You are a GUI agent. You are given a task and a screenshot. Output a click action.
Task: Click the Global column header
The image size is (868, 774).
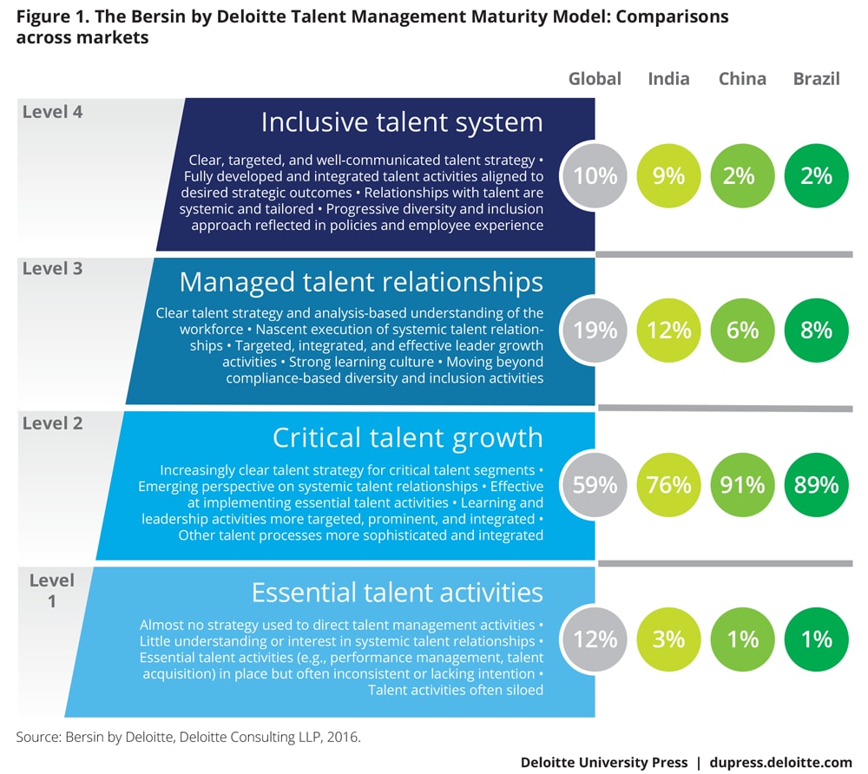point(595,79)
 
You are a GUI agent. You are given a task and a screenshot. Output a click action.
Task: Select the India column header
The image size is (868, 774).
point(668,79)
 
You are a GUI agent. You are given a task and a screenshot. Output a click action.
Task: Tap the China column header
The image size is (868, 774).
point(742,79)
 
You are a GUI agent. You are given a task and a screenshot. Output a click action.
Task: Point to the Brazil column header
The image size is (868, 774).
point(816,79)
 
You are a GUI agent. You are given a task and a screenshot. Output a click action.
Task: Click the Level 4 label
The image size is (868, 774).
point(53,111)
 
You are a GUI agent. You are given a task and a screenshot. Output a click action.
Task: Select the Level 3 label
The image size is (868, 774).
point(53,268)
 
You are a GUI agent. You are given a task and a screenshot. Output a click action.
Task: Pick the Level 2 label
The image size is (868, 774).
point(53,423)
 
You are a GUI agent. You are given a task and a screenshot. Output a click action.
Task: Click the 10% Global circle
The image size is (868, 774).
point(595,176)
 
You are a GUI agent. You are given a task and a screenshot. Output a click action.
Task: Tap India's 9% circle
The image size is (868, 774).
point(668,176)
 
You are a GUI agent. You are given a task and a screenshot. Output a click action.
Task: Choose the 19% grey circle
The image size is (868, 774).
point(595,331)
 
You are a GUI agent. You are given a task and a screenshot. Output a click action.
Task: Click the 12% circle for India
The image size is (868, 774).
point(668,331)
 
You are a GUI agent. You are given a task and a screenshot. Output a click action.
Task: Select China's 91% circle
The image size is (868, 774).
point(742,484)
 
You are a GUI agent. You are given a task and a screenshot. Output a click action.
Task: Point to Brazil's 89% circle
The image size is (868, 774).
point(816,484)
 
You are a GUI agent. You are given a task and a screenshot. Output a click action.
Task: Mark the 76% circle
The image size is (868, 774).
point(668,484)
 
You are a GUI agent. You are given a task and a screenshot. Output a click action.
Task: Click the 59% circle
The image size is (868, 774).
point(595,484)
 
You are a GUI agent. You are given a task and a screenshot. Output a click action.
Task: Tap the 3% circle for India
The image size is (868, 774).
point(668,640)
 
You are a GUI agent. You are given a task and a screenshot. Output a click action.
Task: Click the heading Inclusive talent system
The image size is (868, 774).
point(402,122)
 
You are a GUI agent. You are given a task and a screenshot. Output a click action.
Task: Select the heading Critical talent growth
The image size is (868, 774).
point(407,436)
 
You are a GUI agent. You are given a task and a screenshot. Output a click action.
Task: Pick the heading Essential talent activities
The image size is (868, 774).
point(397,592)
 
